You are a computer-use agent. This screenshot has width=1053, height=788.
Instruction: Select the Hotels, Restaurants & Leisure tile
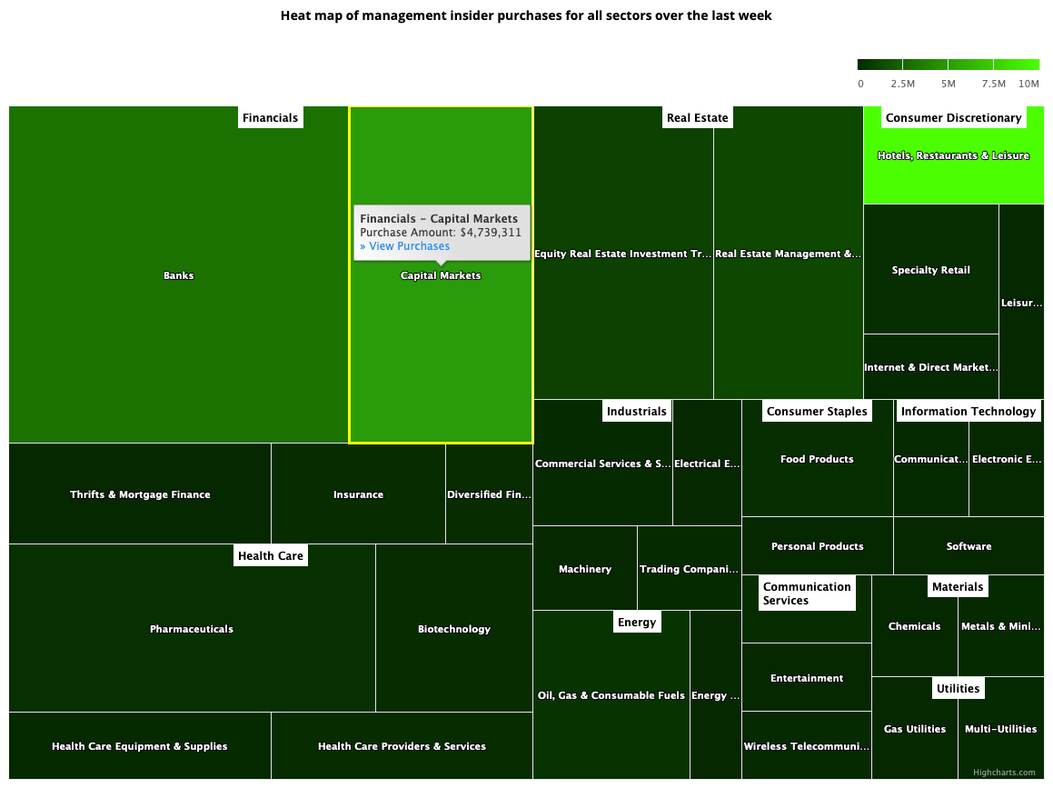point(953,156)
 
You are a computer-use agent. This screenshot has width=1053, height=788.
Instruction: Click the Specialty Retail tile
point(930,270)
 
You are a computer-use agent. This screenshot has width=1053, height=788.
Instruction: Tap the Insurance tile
point(358,494)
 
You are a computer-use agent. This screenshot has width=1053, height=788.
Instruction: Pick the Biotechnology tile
point(453,629)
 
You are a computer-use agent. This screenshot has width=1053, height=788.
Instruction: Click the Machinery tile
point(584,569)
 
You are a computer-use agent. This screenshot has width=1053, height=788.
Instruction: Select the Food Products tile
point(817,460)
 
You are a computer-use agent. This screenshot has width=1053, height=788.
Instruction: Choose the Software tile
point(969,546)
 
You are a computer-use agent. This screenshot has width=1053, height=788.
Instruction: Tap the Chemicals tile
point(914,626)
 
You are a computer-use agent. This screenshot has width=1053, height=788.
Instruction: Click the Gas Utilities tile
point(914,729)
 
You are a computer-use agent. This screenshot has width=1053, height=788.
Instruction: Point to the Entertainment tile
point(806,678)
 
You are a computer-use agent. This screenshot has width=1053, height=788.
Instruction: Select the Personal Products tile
point(817,546)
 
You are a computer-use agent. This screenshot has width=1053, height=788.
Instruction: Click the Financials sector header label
point(270,118)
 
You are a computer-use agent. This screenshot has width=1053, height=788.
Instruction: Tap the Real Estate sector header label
point(697,118)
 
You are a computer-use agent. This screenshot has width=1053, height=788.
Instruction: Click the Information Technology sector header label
point(968,412)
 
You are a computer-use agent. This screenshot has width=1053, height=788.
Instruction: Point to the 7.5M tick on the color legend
point(993,84)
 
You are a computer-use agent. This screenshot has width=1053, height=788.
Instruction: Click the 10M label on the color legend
point(1028,84)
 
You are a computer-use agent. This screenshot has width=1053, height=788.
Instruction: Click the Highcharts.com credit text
point(1003,773)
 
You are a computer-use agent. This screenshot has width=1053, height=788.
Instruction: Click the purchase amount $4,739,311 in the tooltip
point(491,233)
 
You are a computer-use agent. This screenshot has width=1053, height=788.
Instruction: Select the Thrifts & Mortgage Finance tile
point(140,494)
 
